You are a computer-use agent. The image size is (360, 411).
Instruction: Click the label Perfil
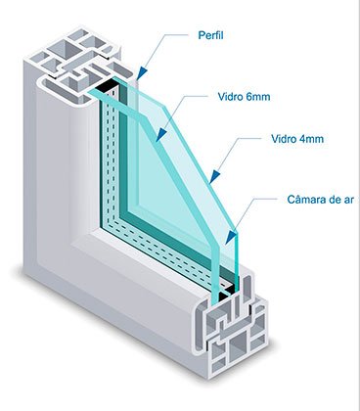[210, 35]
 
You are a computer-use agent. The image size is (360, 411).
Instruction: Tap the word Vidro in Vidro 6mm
[229, 97]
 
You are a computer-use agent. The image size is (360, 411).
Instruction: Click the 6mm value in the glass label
[257, 97]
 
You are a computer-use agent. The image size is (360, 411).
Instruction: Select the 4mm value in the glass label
[310, 139]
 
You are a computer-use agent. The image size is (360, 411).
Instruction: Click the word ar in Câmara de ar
[348, 200]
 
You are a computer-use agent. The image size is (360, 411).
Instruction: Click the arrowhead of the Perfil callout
[142, 73]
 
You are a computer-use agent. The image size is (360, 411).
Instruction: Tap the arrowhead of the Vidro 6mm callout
[161, 135]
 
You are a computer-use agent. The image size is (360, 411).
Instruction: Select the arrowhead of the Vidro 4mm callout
[214, 176]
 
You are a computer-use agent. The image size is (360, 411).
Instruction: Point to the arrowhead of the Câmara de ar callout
[231, 238]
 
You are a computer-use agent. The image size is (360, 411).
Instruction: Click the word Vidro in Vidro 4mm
[283, 139]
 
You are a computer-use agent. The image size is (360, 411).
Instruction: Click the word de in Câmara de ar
[335, 199]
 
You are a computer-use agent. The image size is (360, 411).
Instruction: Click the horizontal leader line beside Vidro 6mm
[197, 96]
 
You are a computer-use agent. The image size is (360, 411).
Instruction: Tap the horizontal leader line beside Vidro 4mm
[250, 138]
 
